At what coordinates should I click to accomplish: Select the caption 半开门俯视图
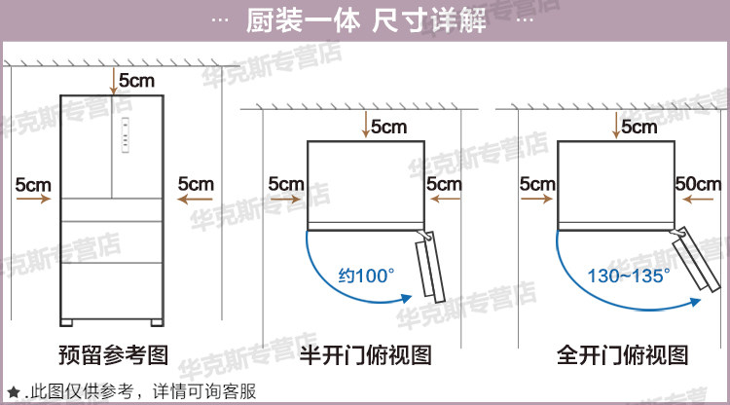(x=365, y=354)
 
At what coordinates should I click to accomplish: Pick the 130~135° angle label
(x=629, y=276)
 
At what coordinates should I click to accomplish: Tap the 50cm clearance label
(x=698, y=182)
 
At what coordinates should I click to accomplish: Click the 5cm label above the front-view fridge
(x=136, y=80)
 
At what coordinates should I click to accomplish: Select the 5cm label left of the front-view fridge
(x=33, y=182)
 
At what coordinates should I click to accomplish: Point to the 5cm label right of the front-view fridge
(x=195, y=182)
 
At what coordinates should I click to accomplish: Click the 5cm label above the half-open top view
(x=388, y=127)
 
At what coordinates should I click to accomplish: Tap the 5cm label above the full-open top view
(x=639, y=127)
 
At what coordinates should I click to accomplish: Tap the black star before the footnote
(x=13, y=392)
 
